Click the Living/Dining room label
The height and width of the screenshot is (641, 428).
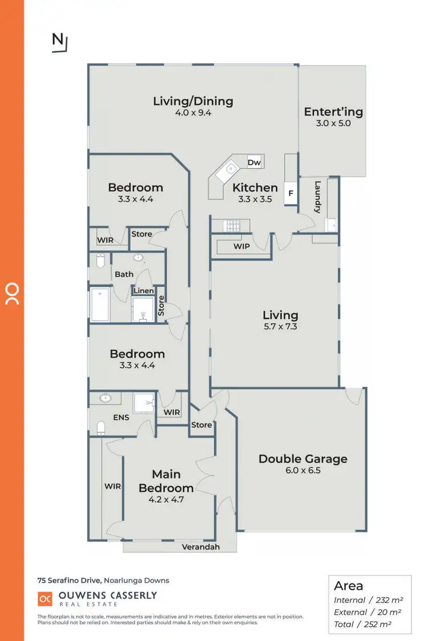193,101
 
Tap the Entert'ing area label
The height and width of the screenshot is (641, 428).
333,112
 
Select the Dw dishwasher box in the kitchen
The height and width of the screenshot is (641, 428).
254,162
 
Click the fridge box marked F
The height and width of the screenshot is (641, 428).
290,193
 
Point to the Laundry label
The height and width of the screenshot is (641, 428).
318,197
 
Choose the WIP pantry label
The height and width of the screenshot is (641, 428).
242,247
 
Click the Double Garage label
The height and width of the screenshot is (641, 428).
303,459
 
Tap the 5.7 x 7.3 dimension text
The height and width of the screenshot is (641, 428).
280,326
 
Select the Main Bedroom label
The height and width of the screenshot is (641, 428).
166,481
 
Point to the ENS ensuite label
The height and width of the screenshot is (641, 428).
121,417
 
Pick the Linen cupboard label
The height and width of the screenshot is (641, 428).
143,291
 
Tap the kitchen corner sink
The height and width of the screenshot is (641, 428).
230,168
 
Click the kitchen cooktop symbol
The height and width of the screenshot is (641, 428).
233,226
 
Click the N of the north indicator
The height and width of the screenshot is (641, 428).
58,39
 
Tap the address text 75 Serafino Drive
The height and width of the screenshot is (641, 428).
70,581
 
